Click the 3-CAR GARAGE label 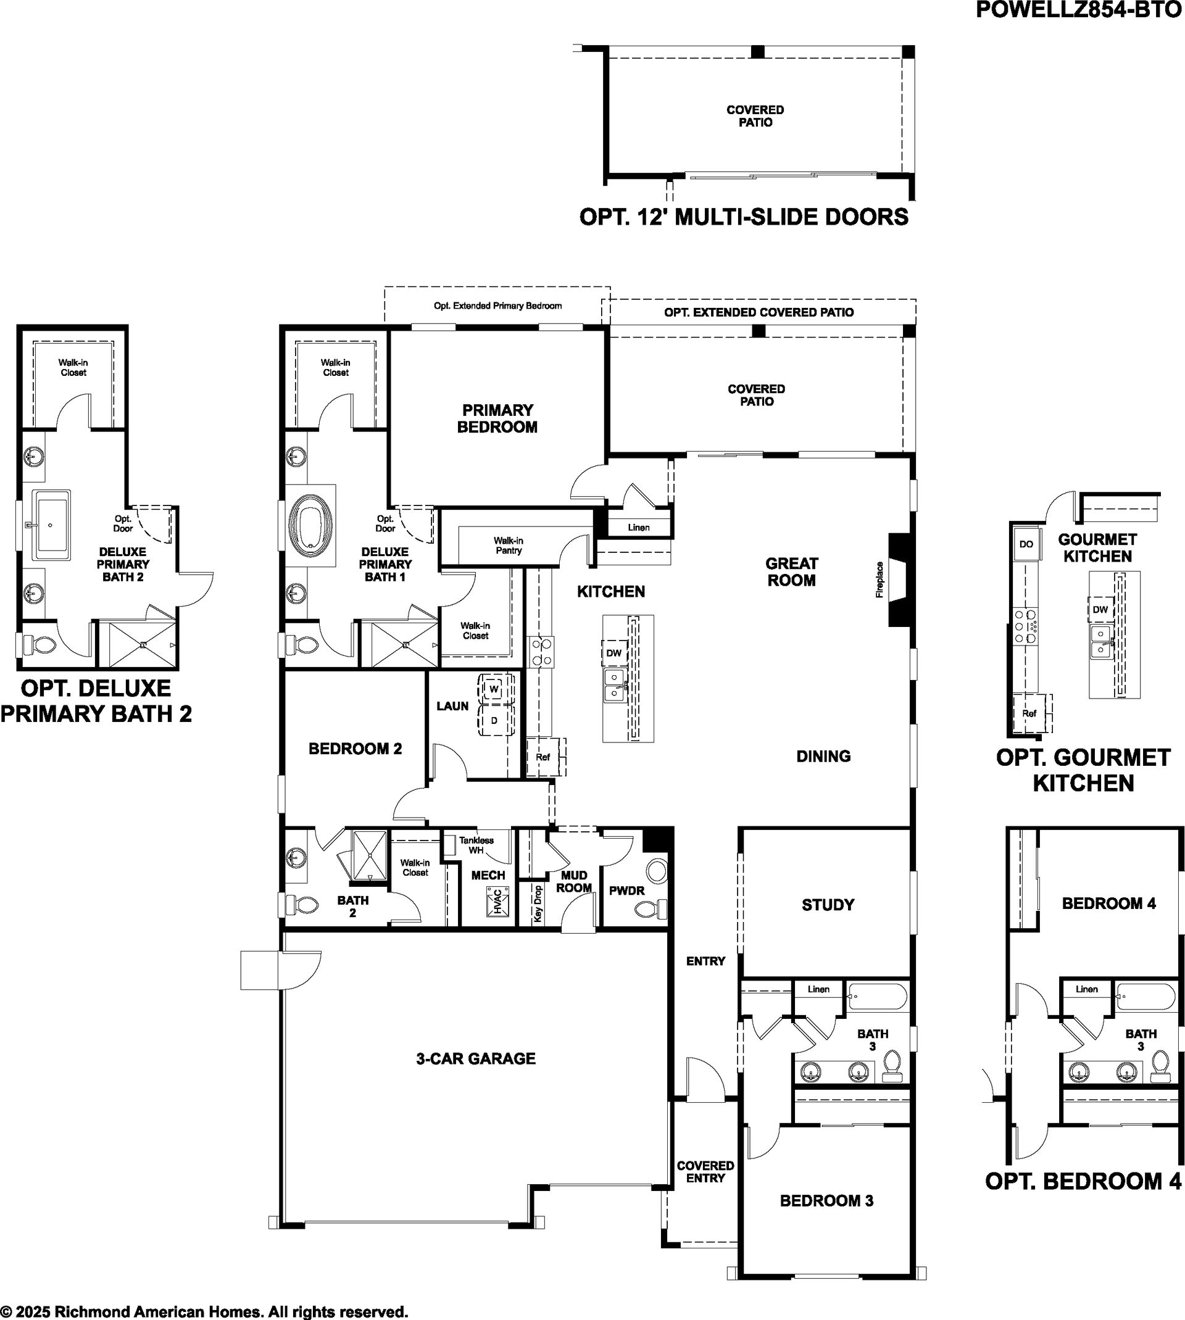[475, 1059]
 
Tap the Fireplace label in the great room [879, 579]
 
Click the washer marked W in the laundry [494, 689]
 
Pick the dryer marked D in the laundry [494, 721]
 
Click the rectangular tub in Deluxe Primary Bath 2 [51, 525]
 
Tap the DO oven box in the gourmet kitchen [1026, 544]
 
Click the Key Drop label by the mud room [538, 903]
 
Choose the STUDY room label [828, 905]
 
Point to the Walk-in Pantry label [508, 546]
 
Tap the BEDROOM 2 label [355, 749]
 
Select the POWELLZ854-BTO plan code [1079, 10]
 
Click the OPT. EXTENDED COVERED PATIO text [759, 312]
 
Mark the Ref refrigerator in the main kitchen [544, 757]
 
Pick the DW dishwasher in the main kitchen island [613, 653]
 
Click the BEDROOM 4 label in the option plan [1109, 903]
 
